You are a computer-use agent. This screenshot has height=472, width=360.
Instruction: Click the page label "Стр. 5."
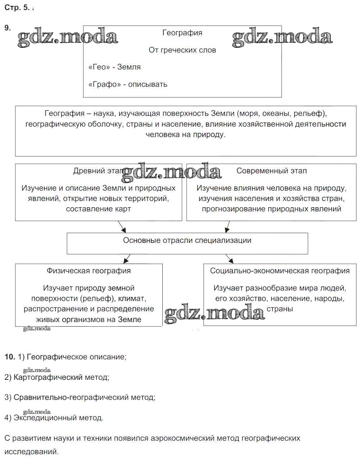(17, 8)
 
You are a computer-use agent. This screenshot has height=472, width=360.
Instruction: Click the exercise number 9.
(8, 28)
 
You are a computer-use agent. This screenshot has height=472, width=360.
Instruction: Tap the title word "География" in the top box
(182, 33)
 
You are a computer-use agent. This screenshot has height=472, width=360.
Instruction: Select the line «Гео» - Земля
(114, 67)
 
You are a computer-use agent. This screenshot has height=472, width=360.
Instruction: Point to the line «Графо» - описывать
(128, 84)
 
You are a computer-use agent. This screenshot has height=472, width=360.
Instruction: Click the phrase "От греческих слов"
(182, 50)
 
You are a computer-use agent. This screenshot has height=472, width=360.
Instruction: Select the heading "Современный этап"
(271, 171)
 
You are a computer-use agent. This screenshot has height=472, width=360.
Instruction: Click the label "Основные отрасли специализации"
(187, 240)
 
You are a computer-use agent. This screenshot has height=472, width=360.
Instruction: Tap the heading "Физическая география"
(89, 271)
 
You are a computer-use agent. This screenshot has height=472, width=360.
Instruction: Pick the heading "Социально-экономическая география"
(280, 271)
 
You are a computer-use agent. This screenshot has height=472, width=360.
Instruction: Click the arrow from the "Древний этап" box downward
(122, 227)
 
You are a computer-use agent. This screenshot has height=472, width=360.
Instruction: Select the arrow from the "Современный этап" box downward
(227, 227)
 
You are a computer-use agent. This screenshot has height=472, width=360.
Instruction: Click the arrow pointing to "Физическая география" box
(127, 259)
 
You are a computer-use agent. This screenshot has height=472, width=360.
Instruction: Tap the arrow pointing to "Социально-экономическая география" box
(229, 259)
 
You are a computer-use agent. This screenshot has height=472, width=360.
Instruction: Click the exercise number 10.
(10, 357)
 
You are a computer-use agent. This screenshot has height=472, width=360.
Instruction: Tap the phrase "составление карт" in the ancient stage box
(98, 209)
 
